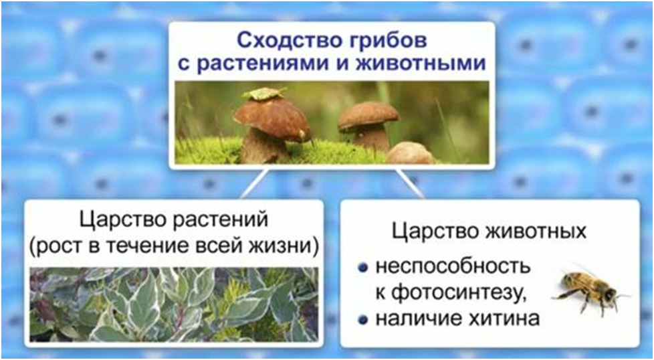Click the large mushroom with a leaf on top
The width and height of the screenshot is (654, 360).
tap(271, 125)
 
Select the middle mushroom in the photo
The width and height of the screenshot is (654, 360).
tap(368, 124)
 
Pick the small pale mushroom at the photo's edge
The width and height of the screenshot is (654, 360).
tap(411, 153)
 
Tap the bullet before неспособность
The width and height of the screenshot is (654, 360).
tap(363, 268)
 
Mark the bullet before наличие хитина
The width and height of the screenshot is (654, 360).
tap(363, 320)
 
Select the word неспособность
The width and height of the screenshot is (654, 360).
tap(453, 267)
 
